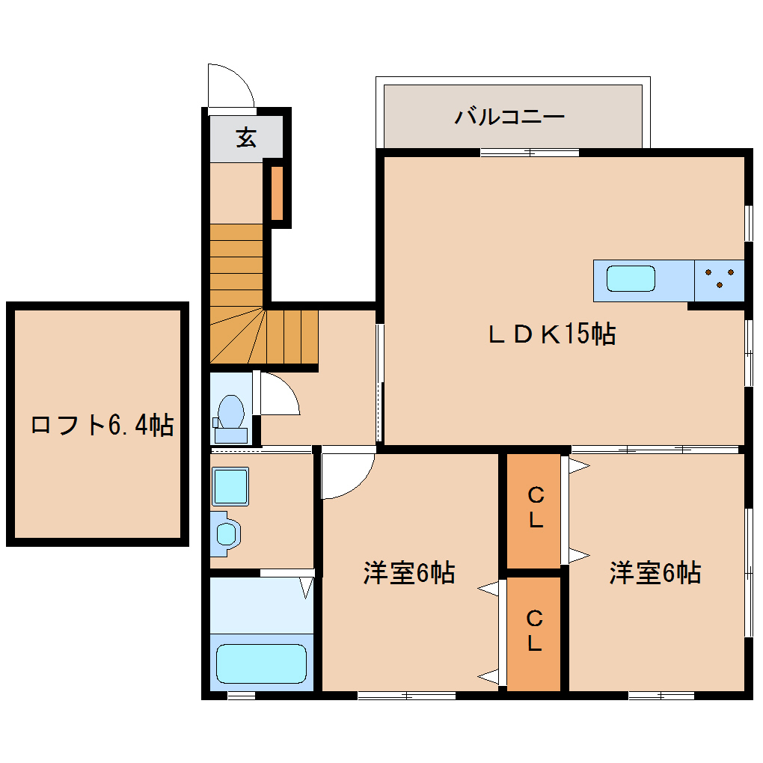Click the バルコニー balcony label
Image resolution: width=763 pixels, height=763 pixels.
509,117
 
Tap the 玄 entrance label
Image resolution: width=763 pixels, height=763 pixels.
246,138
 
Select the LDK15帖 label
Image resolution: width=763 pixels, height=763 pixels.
552,334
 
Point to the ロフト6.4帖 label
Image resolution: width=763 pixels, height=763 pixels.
102,425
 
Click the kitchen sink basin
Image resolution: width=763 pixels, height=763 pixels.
631,279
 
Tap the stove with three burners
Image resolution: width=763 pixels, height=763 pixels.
719,281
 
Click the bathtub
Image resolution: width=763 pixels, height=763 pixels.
261,664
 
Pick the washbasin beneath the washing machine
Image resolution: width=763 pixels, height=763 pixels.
227,534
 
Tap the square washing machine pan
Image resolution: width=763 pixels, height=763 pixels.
230,487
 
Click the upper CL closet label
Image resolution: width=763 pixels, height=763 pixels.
536,508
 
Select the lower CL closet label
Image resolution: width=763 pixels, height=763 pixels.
534,631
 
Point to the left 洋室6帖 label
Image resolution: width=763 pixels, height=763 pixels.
409,573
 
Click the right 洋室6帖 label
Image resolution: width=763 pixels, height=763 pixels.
655,573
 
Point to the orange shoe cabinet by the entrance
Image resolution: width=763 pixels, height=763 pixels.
277,193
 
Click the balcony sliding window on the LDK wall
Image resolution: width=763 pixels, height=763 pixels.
530,153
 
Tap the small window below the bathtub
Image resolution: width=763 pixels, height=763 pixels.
242,696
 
